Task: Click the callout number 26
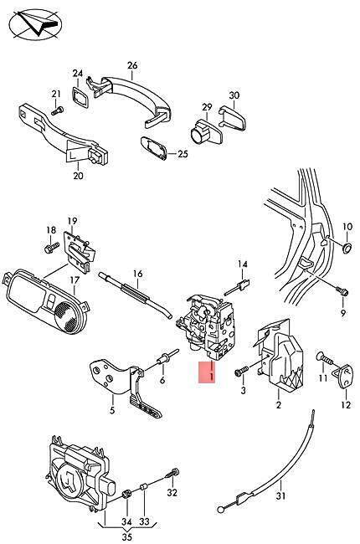[132, 65]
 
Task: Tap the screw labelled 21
[57, 111]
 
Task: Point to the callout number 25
[183, 154]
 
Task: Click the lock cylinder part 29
[206, 132]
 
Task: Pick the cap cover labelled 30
[233, 117]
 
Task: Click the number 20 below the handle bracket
[78, 176]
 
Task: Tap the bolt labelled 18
[52, 248]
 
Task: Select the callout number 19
[72, 221]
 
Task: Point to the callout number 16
[138, 274]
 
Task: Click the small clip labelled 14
[238, 288]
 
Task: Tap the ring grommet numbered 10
[347, 248]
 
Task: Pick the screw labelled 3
[242, 371]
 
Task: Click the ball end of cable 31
[220, 510]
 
